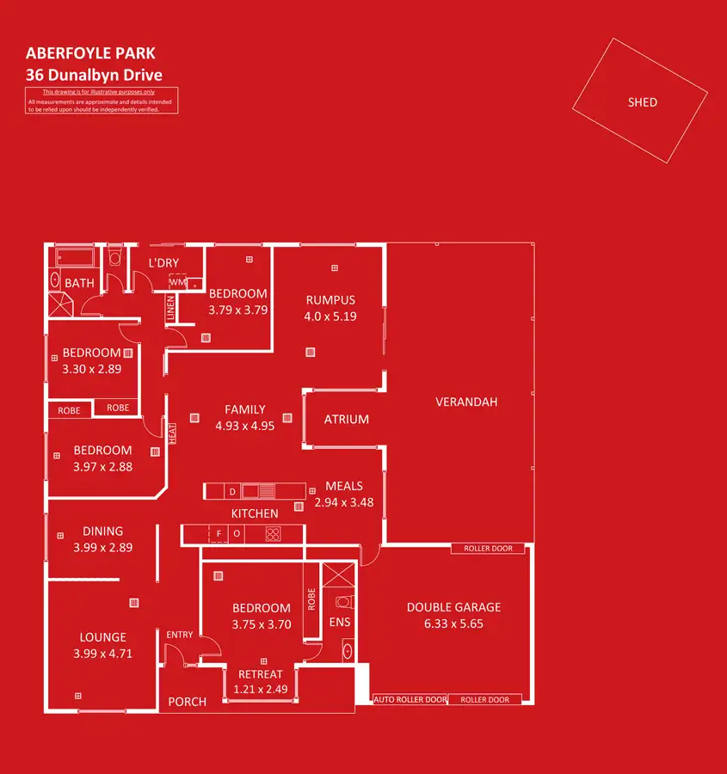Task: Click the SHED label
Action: pyautogui.click(x=642, y=102)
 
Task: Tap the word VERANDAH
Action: pyautogui.click(x=466, y=402)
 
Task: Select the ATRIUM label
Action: pyautogui.click(x=346, y=420)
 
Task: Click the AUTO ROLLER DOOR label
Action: pyautogui.click(x=410, y=700)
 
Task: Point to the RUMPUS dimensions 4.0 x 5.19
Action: pyautogui.click(x=330, y=316)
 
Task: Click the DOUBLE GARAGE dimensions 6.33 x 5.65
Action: pyautogui.click(x=453, y=623)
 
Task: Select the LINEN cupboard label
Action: pyautogui.click(x=170, y=310)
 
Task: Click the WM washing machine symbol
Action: pyautogui.click(x=176, y=281)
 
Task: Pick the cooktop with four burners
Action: pyautogui.click(x=273, y=534)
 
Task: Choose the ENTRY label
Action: pyautogui.click(x=180, y=635)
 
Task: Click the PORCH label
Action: pyautogui.click(x=187, y=702)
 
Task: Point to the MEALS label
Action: pyautogui.click(x=343, y=486)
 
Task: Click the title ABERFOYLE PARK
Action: pyautogui.click(x=90, y=55)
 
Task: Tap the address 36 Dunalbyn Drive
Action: pyautogui.click(x=94, y=75)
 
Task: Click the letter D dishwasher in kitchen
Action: pyautogui.click(x=232, y=491)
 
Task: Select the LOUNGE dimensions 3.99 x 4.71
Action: pyautogui.click(x=103, y=654)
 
